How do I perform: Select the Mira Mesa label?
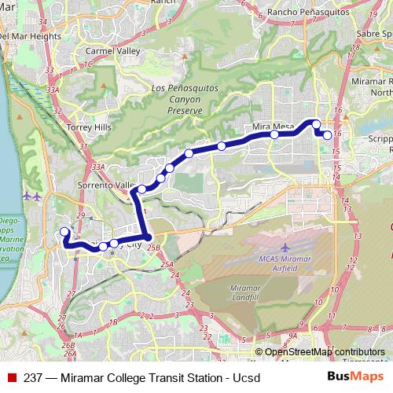click(x=273, y=126)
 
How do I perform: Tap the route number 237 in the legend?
click(x=33, y=378)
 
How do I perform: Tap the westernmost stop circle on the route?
click(x=64, y=232)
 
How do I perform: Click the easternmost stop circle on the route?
click(x=327, y=135)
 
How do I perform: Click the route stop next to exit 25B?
click(x=147, y=237)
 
